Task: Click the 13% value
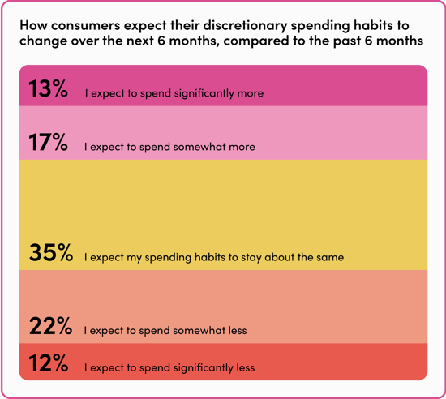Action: point(49,89)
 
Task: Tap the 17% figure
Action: point(49,144)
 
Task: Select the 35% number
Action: point(51,253)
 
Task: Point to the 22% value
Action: point(50,327)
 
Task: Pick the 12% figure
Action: point(49,363)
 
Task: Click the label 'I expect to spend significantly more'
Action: point(174,94)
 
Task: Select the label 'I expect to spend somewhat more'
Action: point(169,148)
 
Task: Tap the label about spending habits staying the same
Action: point(214,258)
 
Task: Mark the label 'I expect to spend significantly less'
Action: point(169,368)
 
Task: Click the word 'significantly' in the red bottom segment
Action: point(202,368)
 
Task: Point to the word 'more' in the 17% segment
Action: point(241,148)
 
